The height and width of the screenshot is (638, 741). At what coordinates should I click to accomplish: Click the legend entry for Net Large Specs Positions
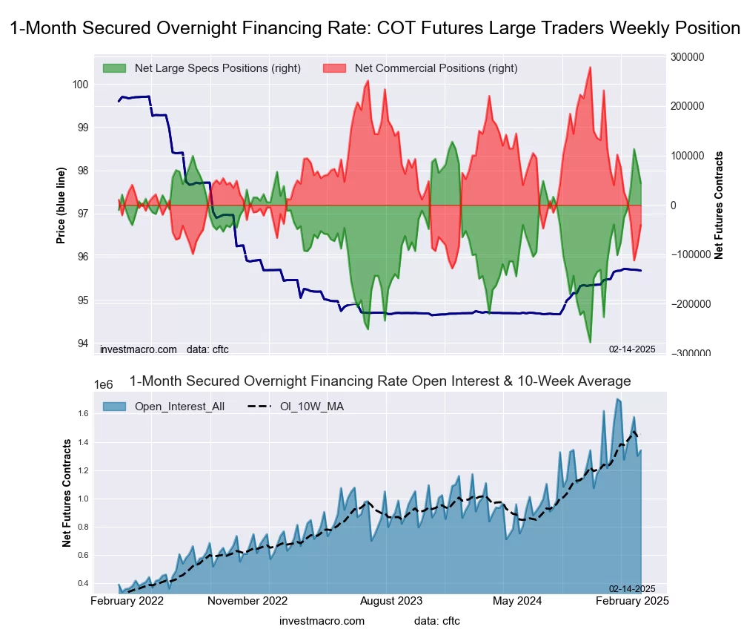217,68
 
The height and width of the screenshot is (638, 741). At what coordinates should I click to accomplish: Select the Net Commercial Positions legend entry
436,68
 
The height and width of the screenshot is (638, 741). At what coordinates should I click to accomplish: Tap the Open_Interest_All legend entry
179,406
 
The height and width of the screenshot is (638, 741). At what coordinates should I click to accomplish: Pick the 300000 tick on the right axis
688,56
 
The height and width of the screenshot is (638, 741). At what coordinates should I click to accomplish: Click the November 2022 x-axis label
247,601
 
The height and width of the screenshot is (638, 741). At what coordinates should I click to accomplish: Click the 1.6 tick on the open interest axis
82,413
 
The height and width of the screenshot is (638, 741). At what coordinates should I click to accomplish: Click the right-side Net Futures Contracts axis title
719,205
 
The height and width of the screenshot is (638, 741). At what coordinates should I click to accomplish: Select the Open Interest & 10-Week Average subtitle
380,381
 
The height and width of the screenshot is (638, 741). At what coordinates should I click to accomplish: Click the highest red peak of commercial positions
590,68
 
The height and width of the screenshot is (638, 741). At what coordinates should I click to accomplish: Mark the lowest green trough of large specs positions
590,342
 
